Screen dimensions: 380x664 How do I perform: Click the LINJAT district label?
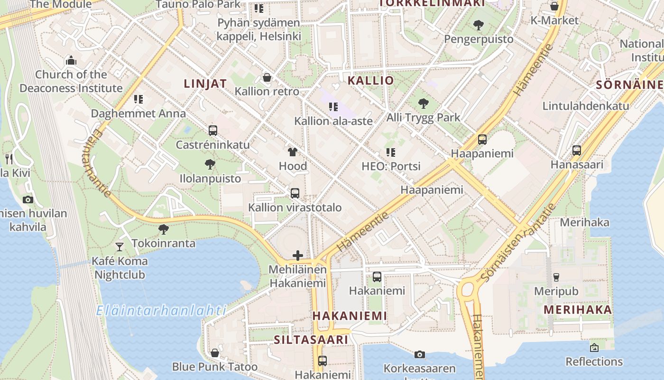(x=205, y=84)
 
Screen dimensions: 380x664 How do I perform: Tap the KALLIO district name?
(x=370, y=80)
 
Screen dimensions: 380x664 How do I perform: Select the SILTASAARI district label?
(x=311, y=340)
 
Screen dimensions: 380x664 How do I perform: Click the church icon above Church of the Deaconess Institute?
(x=71, y=60)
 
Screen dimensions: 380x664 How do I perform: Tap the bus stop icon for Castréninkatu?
(x=212, y=130)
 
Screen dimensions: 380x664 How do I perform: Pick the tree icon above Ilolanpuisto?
(x=210, y=164)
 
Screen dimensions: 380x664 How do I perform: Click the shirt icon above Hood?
(x=293, y=152)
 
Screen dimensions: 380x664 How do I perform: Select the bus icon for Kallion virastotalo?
(x=295, y=193)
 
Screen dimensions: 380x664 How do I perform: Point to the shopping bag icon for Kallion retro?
(x=267, y=77)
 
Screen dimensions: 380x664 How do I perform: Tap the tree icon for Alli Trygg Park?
(x=423, y=103)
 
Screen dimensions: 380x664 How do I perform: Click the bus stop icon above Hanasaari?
(x=577, y=150)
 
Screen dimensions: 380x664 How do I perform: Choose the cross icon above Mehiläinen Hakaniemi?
(x=298, y=256)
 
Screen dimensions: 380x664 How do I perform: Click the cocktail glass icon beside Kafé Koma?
(x=120, y=247)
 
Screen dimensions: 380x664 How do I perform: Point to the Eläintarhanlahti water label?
(x=161, y=311)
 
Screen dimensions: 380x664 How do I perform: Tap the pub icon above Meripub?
(x=556, y=277)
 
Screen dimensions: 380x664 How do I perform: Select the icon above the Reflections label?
(x=594, y=348)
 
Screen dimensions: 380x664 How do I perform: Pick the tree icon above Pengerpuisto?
(x=478, y=25)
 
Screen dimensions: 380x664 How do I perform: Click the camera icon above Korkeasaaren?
(x=419, y=354)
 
